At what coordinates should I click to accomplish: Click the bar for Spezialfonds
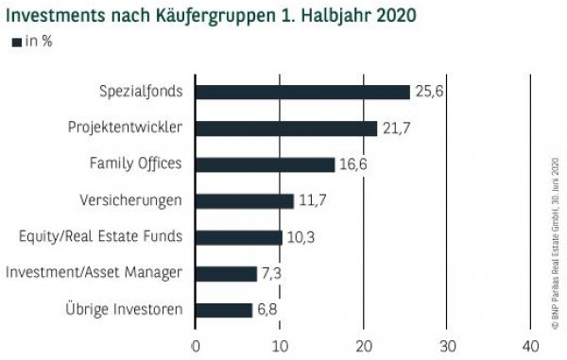[302, 92]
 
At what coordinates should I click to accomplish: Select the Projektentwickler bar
[286, 129]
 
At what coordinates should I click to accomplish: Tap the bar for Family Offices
[265, 164]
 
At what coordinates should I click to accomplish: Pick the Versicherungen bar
[245, 200]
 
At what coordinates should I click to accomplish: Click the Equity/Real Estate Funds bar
[239, 237]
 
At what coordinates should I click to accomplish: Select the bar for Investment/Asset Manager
[226, 273]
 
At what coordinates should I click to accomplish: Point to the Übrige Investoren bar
[224, 310]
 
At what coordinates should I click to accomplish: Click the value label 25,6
[427, 92]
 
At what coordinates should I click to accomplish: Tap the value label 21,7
[394, 129]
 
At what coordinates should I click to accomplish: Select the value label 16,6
[352, 164]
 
